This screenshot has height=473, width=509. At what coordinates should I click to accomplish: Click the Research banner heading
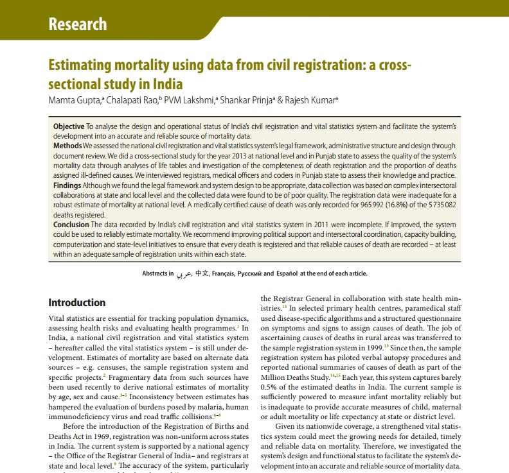click(x=78, y=25)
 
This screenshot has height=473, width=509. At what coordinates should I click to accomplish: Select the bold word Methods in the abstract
click(x=67, y=146)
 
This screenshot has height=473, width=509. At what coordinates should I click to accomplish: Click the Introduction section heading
click(x=77, y=302)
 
